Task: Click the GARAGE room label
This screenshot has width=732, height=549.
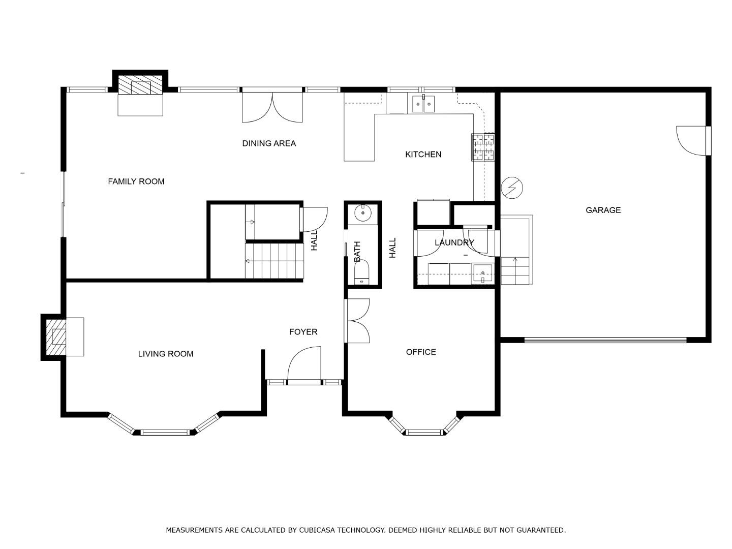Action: (603, 210)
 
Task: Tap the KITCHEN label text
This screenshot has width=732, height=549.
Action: (423, 155)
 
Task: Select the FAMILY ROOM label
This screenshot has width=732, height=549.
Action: (136, 181)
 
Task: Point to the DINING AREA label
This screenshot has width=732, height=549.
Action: (269, 143)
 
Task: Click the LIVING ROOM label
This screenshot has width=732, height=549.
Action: (166, 354)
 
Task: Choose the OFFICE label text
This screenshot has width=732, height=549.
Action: (421, 352)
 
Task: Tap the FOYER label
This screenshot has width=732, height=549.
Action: (303, 331)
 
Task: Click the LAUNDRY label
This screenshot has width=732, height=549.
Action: (454, 242)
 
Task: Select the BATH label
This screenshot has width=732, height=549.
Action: (357, 251)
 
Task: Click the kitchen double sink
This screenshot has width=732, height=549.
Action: (423, 104)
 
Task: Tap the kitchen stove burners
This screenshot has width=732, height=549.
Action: (483, 147)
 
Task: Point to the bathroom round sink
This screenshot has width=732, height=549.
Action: (362, 213)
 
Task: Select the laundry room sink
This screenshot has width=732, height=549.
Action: (482, 273)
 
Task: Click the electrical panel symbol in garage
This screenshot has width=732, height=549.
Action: (512, 188)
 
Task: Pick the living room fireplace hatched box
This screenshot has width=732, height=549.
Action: (56, 337)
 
